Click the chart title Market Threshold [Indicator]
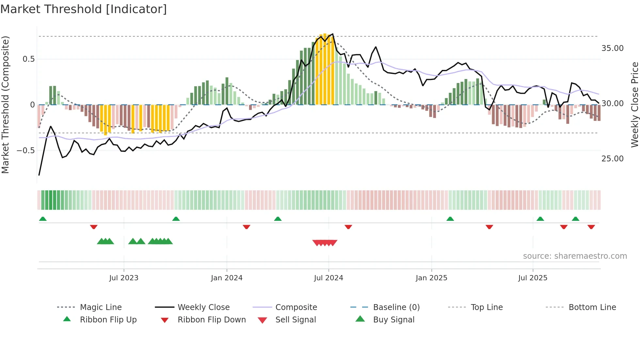[84, 9]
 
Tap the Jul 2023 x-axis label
[124, 278]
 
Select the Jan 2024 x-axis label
[227, 278]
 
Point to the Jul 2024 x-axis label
[328, 278]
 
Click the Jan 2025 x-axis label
[431, 278]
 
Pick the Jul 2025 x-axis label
[533, 278]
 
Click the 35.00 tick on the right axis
[612, 48]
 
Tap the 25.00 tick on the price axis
[612, 159]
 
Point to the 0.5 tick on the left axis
[28, 59]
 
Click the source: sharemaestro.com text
[575, 256]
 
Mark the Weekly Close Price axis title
[634, 105]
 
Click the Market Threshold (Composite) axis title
[5, 105]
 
